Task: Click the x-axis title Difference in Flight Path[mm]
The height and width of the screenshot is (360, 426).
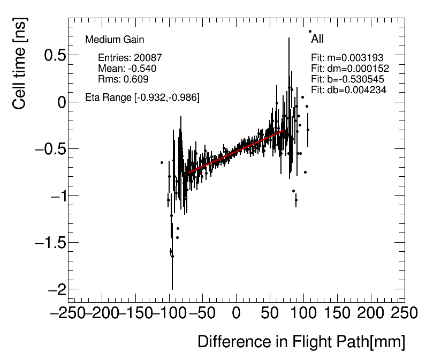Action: [301, 342]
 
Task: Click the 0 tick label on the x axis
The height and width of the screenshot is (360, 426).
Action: [236, 313]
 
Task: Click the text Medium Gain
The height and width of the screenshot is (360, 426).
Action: [115, 40]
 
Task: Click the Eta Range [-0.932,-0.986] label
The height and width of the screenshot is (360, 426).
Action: [142, 97]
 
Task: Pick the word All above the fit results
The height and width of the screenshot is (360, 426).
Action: [317, 39]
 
